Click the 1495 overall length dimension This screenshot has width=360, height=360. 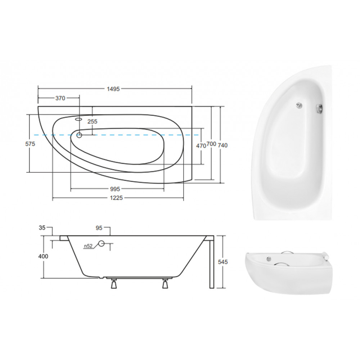coord(113,89)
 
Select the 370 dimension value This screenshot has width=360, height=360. coord(60,98)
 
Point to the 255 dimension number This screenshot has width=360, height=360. coord(92,121)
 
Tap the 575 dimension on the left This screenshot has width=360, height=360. coord(30,144)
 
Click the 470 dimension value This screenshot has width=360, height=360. coord(201,146)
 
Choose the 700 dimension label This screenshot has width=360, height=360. coord(211,144)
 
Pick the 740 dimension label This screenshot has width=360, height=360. coord(222,145)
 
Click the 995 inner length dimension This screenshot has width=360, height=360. coord(115,189)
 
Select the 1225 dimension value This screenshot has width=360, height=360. coord(116,198)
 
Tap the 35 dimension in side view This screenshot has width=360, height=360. coord(42,228)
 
